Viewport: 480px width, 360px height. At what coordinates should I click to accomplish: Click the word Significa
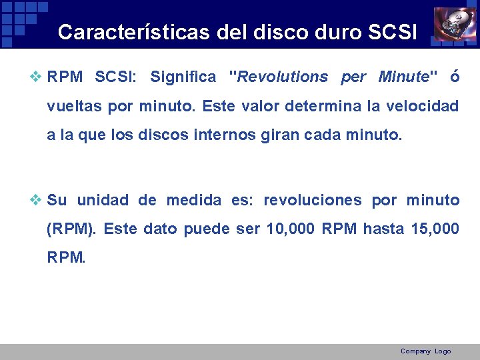pos(183,77)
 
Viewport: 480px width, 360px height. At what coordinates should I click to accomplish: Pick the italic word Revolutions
pos(283,77)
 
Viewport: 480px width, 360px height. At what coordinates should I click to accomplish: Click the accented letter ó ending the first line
pos(454,77)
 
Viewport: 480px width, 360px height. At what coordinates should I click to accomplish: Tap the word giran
pos(271,135)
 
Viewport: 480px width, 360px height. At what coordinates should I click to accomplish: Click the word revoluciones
pos(313,200)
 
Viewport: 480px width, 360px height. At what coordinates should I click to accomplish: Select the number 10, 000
pos(291,229)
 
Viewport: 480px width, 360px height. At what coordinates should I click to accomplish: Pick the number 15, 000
pos(435,229)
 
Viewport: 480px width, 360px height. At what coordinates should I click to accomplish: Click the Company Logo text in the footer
pos(425,351)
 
